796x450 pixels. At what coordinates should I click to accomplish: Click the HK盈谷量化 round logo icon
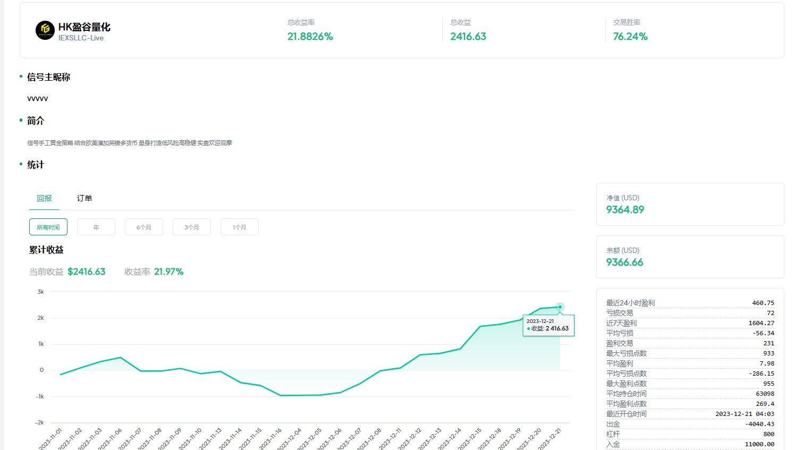(x=45, y=30)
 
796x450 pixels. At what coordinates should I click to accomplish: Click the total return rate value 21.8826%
(x=310, y=37)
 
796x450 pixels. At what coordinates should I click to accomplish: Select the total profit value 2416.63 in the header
(x=468, y=37)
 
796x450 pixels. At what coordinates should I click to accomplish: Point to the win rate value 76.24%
(x=630, y=37)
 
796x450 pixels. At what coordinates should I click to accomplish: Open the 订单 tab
(x=84, y=198)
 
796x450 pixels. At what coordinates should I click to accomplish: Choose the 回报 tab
(x=45, y=198)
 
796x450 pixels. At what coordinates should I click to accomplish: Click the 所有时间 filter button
(x=48, y=227)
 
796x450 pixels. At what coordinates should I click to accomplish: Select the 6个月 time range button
(x=144, y=227)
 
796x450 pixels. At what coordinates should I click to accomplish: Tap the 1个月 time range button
(x=240, y=227)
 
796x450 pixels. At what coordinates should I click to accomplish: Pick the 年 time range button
(x=96, y=227)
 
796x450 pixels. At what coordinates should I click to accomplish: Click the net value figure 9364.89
(x=625, y=210)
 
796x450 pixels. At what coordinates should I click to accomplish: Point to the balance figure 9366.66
(x=624, y=262)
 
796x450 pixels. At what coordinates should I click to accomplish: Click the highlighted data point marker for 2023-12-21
(x=560, y=307)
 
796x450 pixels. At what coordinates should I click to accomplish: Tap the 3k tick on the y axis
(x=41, y=292)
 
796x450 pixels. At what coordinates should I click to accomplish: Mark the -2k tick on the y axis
(x=40, y=422)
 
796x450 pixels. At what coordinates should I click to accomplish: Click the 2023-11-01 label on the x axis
(x=51, y=439)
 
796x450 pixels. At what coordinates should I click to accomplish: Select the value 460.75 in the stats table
(x=763, y=303)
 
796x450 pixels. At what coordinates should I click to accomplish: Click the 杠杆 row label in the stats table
(x=613, y=434)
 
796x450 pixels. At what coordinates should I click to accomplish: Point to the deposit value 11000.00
(x=759, y=444)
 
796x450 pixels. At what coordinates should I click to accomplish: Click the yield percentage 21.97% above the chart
(x=168, y=272)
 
